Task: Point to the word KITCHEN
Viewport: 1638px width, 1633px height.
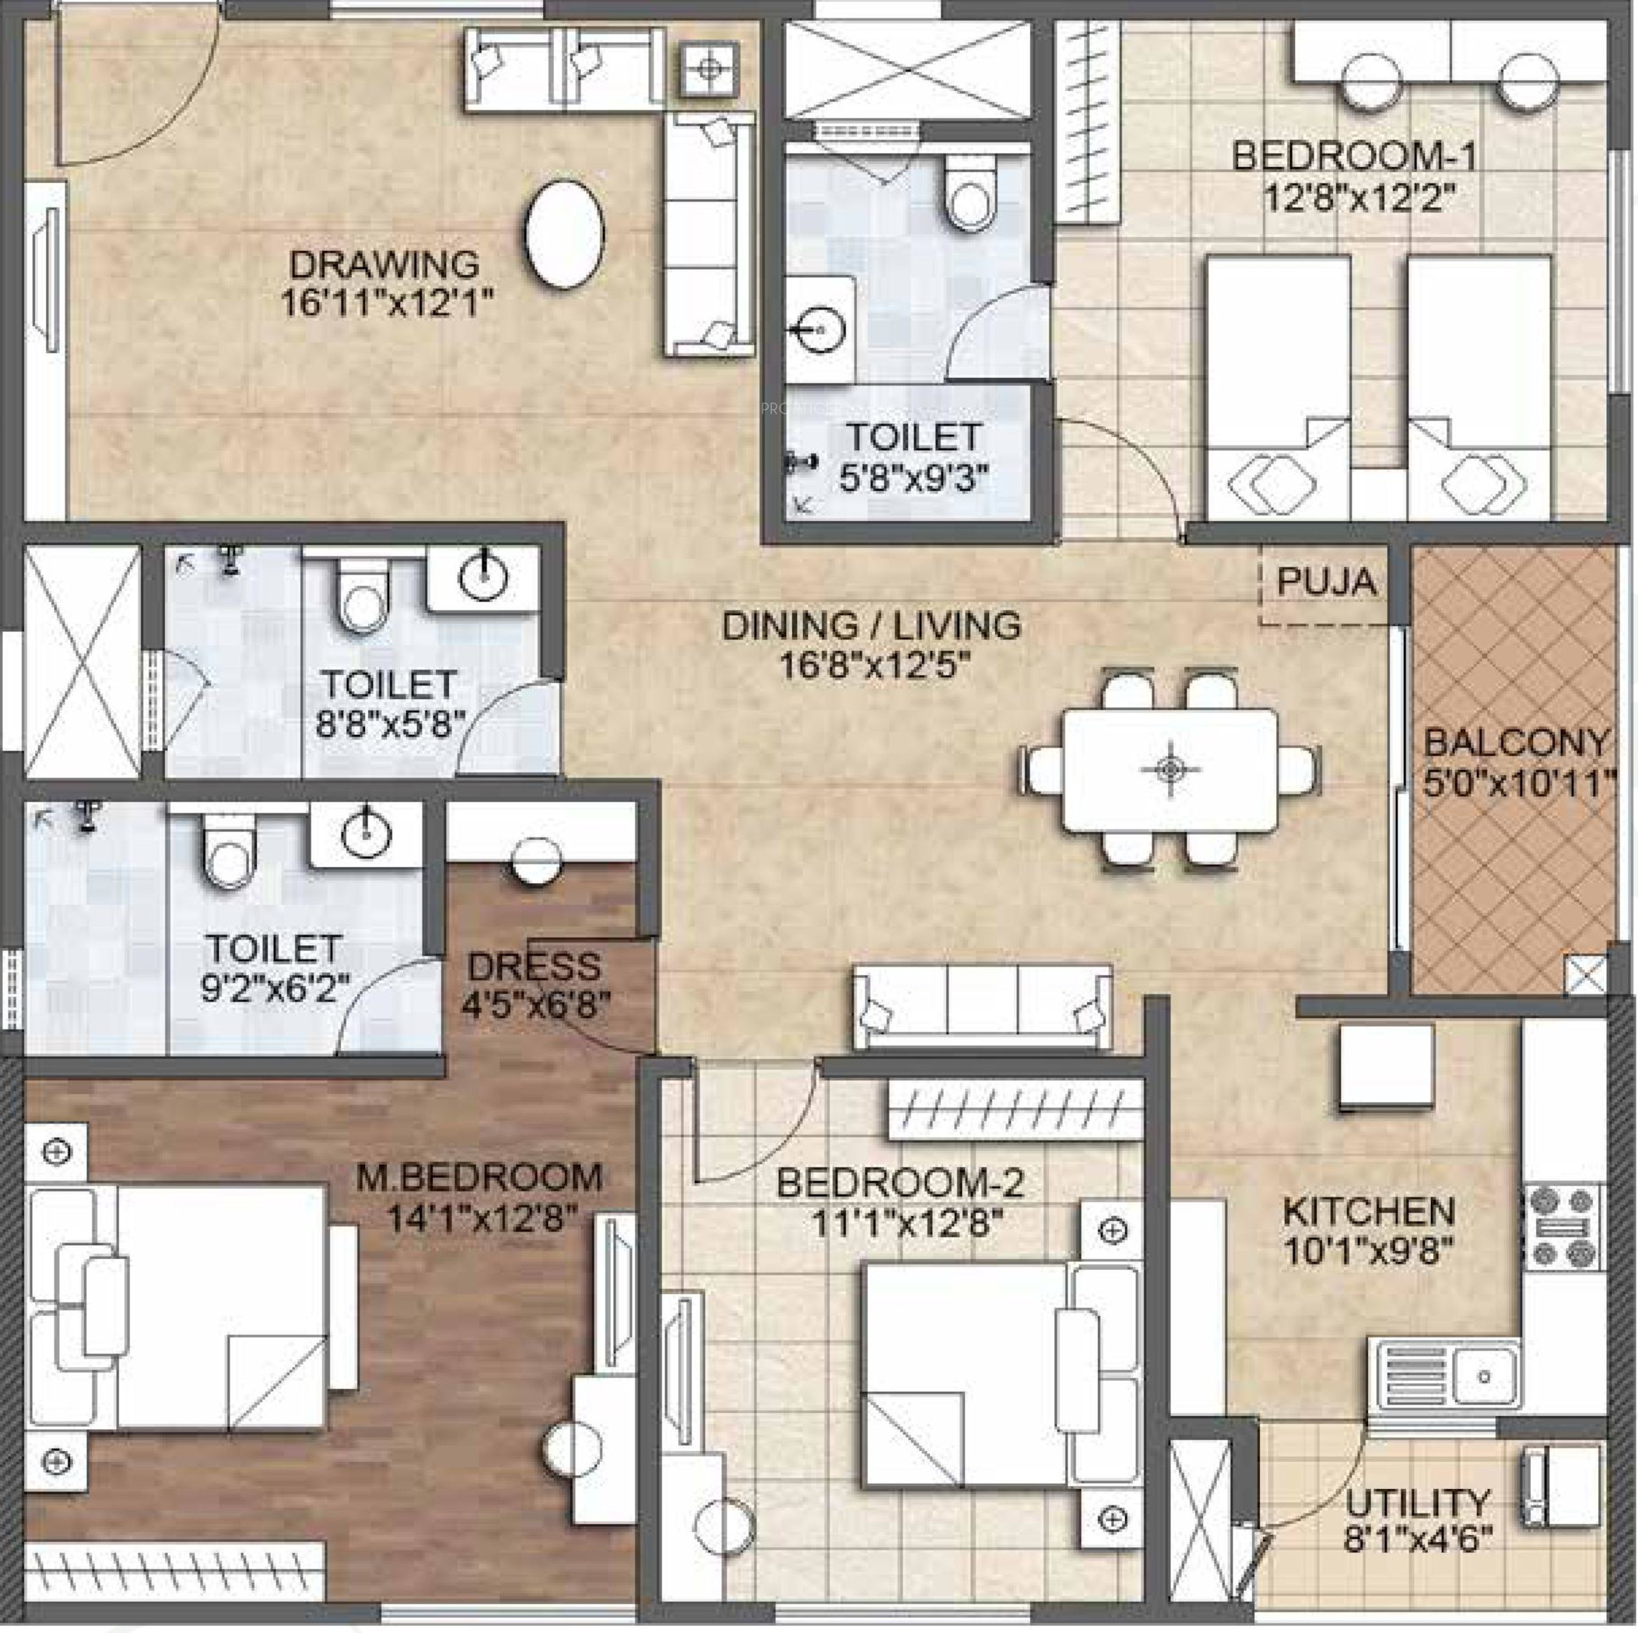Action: tap(1369, 1211)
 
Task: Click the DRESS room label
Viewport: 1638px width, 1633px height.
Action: tap(534, 966)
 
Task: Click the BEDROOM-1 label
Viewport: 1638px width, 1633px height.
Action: tap(1354, 157)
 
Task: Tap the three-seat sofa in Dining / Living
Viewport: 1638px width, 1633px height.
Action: tap(984, 1007)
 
